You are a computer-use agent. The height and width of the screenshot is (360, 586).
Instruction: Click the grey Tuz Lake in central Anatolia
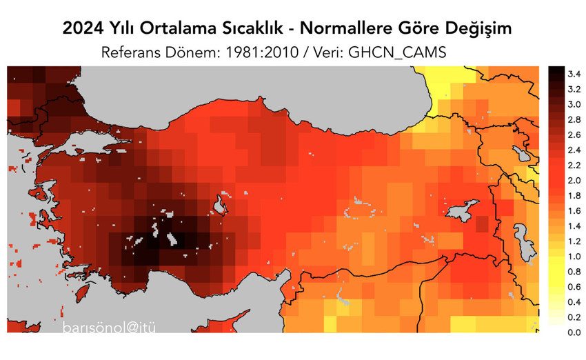tap(221, 205)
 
